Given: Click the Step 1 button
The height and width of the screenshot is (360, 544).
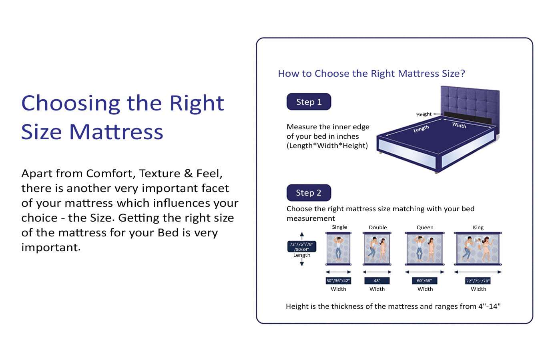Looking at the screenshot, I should click(x=309, y=102).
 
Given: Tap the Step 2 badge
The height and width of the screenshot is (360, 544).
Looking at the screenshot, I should click(x=309, y=193).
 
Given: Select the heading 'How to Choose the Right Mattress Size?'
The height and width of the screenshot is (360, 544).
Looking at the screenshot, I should click(x=371, y=74).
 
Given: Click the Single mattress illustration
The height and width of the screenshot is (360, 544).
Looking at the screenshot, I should click(x=338, y=249).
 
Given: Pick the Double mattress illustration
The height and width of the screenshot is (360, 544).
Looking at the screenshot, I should click(x=377, y=249).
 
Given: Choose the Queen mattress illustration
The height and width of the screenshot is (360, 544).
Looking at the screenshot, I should click(x=425, y=249).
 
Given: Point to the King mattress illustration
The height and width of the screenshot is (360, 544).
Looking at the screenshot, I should click(x=478, y=249).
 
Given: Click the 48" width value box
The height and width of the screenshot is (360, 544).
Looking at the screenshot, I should click(x=377, y=281).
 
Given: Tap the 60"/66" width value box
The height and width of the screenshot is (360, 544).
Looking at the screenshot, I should click(x=424, y=281).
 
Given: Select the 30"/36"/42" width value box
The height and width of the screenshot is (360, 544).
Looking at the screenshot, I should click(x=338, y=281).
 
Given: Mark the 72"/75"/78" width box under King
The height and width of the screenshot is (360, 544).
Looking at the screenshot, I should click(x=478, y=281).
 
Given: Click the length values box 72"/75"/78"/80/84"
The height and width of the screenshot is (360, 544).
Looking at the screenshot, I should click(x=302, y=246).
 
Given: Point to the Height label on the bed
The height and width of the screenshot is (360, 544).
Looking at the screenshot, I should click(x=424, y=114).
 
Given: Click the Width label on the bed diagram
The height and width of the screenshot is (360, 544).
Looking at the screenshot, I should click(x=459, y=125).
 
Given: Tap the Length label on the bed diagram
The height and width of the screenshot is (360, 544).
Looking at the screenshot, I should click(x=421, y=129).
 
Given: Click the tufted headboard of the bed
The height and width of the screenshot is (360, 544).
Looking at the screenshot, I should click(x=470, y=100).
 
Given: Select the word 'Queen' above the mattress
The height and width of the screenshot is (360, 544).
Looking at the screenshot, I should click(x=425, y=228).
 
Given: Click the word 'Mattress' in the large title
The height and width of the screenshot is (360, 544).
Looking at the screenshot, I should click(x=116, y=132).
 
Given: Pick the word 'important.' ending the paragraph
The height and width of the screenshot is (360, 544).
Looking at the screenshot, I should click(x=51, y=248).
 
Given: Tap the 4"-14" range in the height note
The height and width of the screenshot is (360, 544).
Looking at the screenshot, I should click(x=489, y=306).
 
